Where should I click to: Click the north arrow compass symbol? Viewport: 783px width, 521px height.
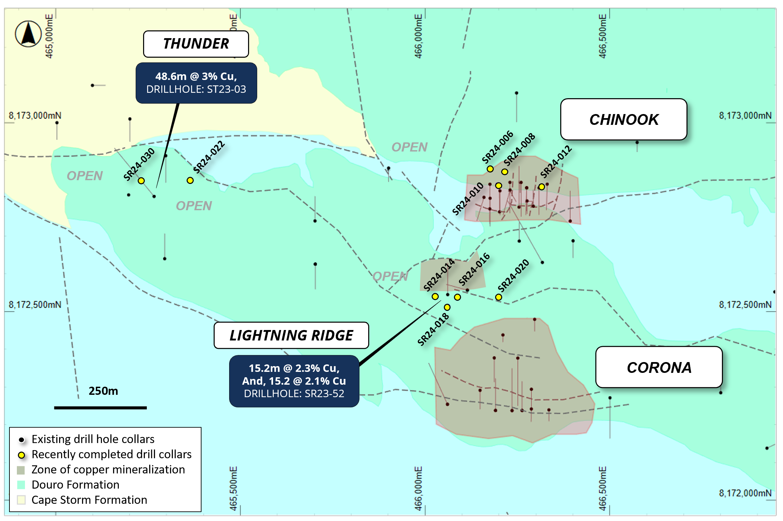pyautogui.click(x=28, y=34)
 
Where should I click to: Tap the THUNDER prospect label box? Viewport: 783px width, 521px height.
pyautogui.click(x=196, y=44)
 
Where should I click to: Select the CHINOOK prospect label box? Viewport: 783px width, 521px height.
pyautogui.click(x=624, y=119)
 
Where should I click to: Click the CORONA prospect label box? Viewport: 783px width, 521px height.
pyautogui.click(x=659, y=367)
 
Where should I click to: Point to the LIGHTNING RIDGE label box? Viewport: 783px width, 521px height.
pyautogui.click(x=291, y=335)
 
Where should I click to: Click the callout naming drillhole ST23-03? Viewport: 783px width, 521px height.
pyautogui.click(x=196, y=83)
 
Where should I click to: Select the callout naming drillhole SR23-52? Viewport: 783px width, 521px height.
pyautogui.click(x=294, y=381)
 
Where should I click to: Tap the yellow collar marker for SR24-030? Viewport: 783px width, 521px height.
pyautogui.click(x=141, y=181)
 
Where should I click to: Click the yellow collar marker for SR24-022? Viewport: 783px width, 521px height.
pyautogui.click(x=190, y=181)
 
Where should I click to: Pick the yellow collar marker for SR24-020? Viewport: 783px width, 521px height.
pyautogui.click(x=498, y=297)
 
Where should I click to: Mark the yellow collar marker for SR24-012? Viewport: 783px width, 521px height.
pyautogui.click(x=541, y=187)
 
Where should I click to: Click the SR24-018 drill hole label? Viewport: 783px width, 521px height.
pyautogui.click(x=433, y=329)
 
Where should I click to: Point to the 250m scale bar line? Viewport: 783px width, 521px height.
pyautogui.click(x=100, y=408)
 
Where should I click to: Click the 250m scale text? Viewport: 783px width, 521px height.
pyautogui.click(x=103, y=391)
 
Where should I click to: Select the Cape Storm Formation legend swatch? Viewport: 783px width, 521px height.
pyautogui.click(x=21, y=500)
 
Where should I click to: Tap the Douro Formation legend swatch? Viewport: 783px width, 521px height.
pyautogui.click(x=21, y=485)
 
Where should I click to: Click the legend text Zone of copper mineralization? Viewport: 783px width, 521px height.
pyautogui.click(x=108, y=469)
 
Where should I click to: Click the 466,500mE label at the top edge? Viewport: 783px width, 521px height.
pyautogui.click(x=602, y=36)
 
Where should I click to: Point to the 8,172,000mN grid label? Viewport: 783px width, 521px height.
pyautogui.click(x=745, y=493)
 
